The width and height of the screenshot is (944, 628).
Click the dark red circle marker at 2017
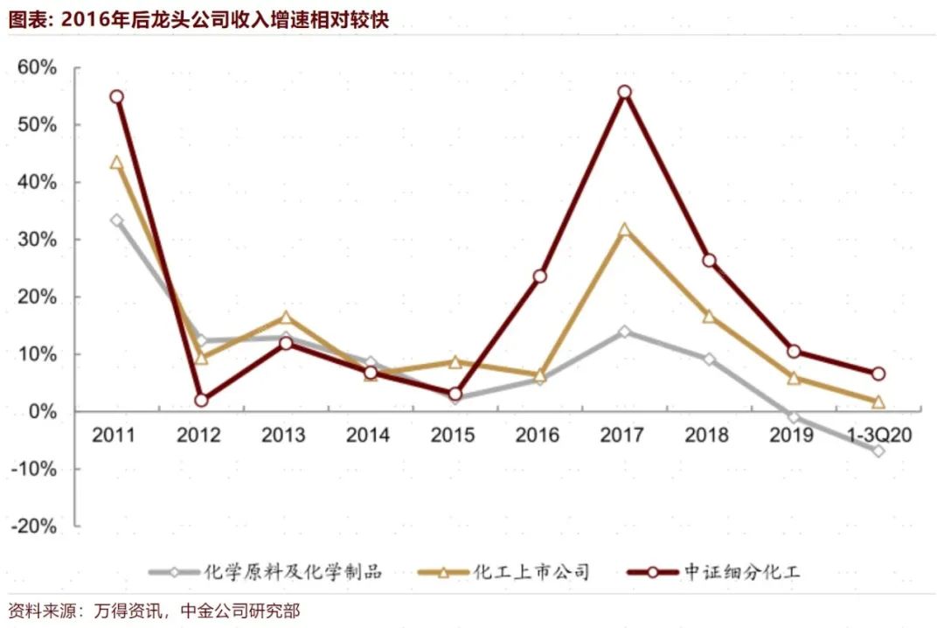pyautogui.click(x=624, y=92)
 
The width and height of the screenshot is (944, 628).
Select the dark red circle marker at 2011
pyautogui.click(x=116, y=97)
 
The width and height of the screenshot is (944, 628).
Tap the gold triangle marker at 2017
pyautogui.click(x=624, y=231)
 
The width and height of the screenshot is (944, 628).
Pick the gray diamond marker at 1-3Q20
pyautogui.click(x=878, y=450)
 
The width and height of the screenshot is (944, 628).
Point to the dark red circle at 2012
pyautogui.click(x=201, y=400)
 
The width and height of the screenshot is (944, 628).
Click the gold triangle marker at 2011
pyautogui.click(x=116, y=163)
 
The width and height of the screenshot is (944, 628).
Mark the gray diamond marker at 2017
pyautogui.click(x=624, y=331)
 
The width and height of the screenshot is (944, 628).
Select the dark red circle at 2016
pyautogui.click(x=539, y=276)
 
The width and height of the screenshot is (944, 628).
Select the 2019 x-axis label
pyautogui.click(x=792, y=436)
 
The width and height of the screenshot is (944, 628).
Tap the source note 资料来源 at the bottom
pyautogui.click(x=154, y=611)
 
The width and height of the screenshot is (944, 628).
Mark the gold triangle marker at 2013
pyautogui.click(x=285, y=317)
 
